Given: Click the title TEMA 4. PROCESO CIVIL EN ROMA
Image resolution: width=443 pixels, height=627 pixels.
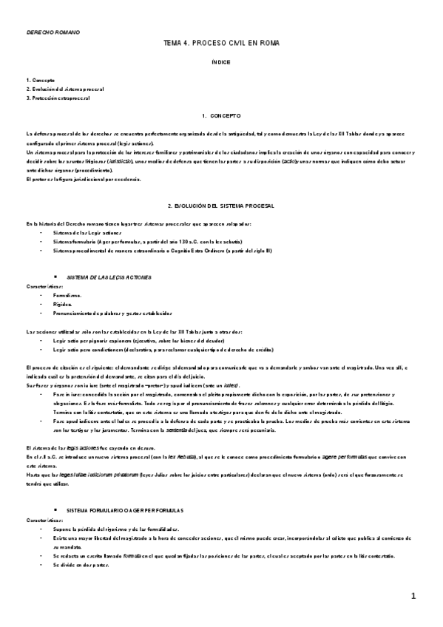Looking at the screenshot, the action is [221, 45].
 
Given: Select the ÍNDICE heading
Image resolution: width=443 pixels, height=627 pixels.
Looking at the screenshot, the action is [221, 63].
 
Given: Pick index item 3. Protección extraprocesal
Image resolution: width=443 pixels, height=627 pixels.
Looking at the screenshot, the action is [58, 98].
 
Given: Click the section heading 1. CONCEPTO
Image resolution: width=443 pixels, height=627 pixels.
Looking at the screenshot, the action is [221, 116].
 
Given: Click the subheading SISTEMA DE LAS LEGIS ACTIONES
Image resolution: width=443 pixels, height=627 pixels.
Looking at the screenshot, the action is [109, 277].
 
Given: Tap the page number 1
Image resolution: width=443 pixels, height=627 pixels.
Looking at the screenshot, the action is [414, 596].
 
